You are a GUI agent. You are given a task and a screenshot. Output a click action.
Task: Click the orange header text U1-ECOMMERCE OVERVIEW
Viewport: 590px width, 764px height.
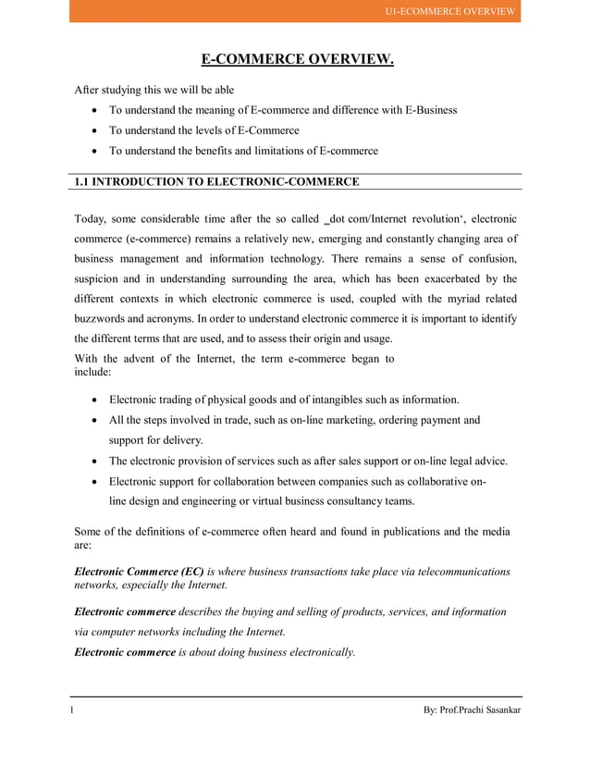point(450,11)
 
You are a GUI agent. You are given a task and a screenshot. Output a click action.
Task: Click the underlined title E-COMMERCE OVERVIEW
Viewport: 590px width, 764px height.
point(298,60)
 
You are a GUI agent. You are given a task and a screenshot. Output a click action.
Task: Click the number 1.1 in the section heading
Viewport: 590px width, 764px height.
point(81,181)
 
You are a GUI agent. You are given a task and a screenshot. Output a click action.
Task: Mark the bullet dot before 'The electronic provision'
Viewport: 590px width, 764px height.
point(97,461)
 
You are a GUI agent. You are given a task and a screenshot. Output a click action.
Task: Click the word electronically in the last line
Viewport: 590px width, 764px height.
point(313,652)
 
